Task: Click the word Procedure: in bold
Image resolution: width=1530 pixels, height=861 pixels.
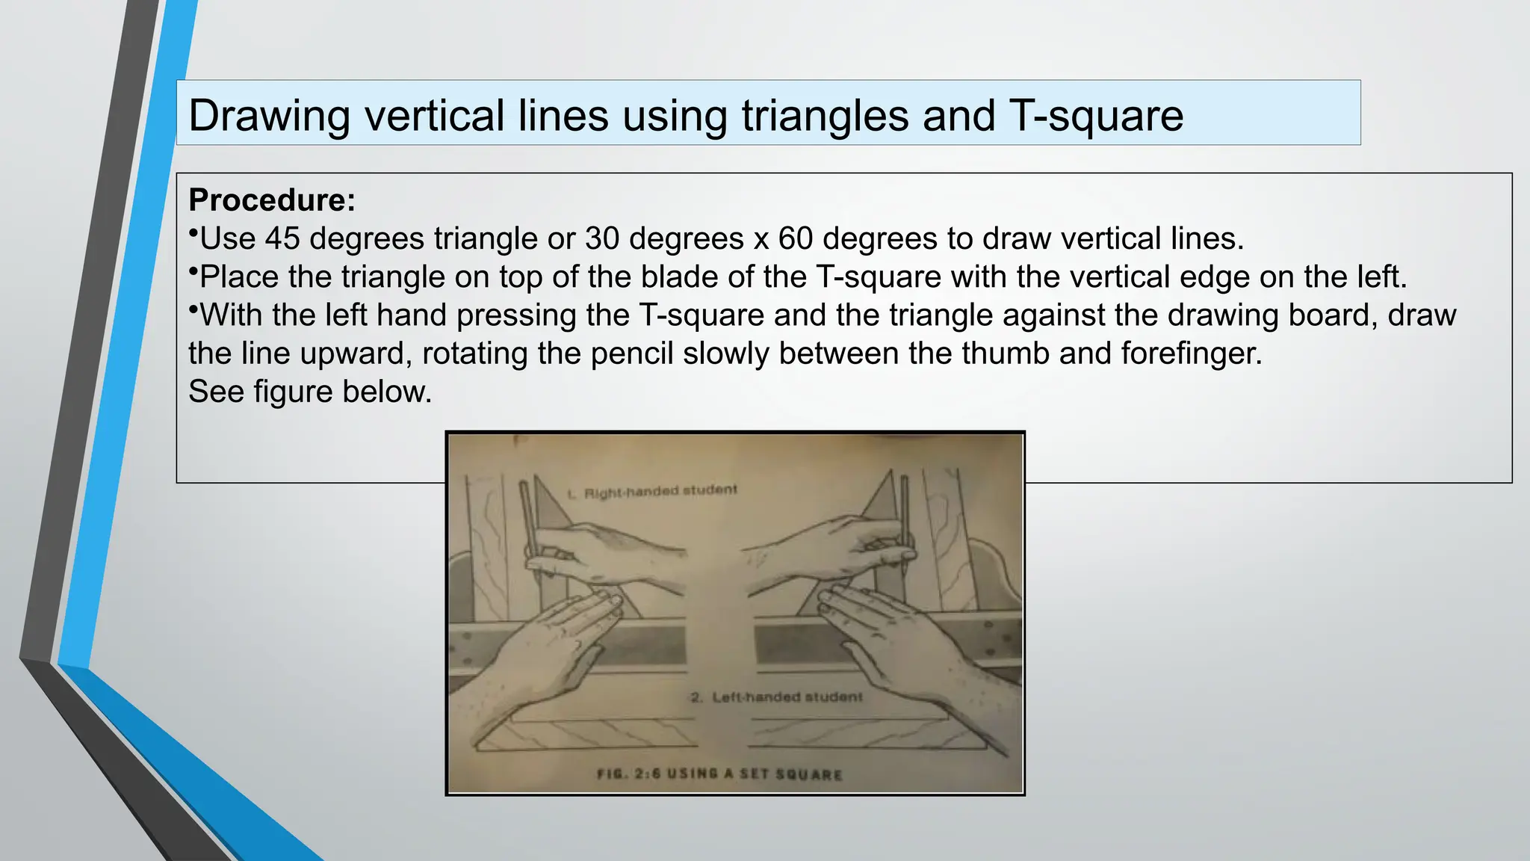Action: tap(272, 200)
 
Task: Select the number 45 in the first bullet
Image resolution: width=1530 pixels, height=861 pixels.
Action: tap(282, 238)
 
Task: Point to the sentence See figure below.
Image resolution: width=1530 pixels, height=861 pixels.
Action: tap(310, 392)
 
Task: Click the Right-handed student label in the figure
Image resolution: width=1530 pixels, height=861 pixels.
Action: tap(652, 492)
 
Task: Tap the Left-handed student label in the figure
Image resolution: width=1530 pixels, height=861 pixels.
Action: tap(777, 697)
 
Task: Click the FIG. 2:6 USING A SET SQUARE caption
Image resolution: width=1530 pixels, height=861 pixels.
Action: tap(719, 774)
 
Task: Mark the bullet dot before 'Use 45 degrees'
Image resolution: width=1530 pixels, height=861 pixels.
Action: tap(193, 233)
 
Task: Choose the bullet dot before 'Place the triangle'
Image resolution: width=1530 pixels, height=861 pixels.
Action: tap(193, 271)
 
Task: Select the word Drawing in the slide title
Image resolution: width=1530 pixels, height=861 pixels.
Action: tap(269, 116)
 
